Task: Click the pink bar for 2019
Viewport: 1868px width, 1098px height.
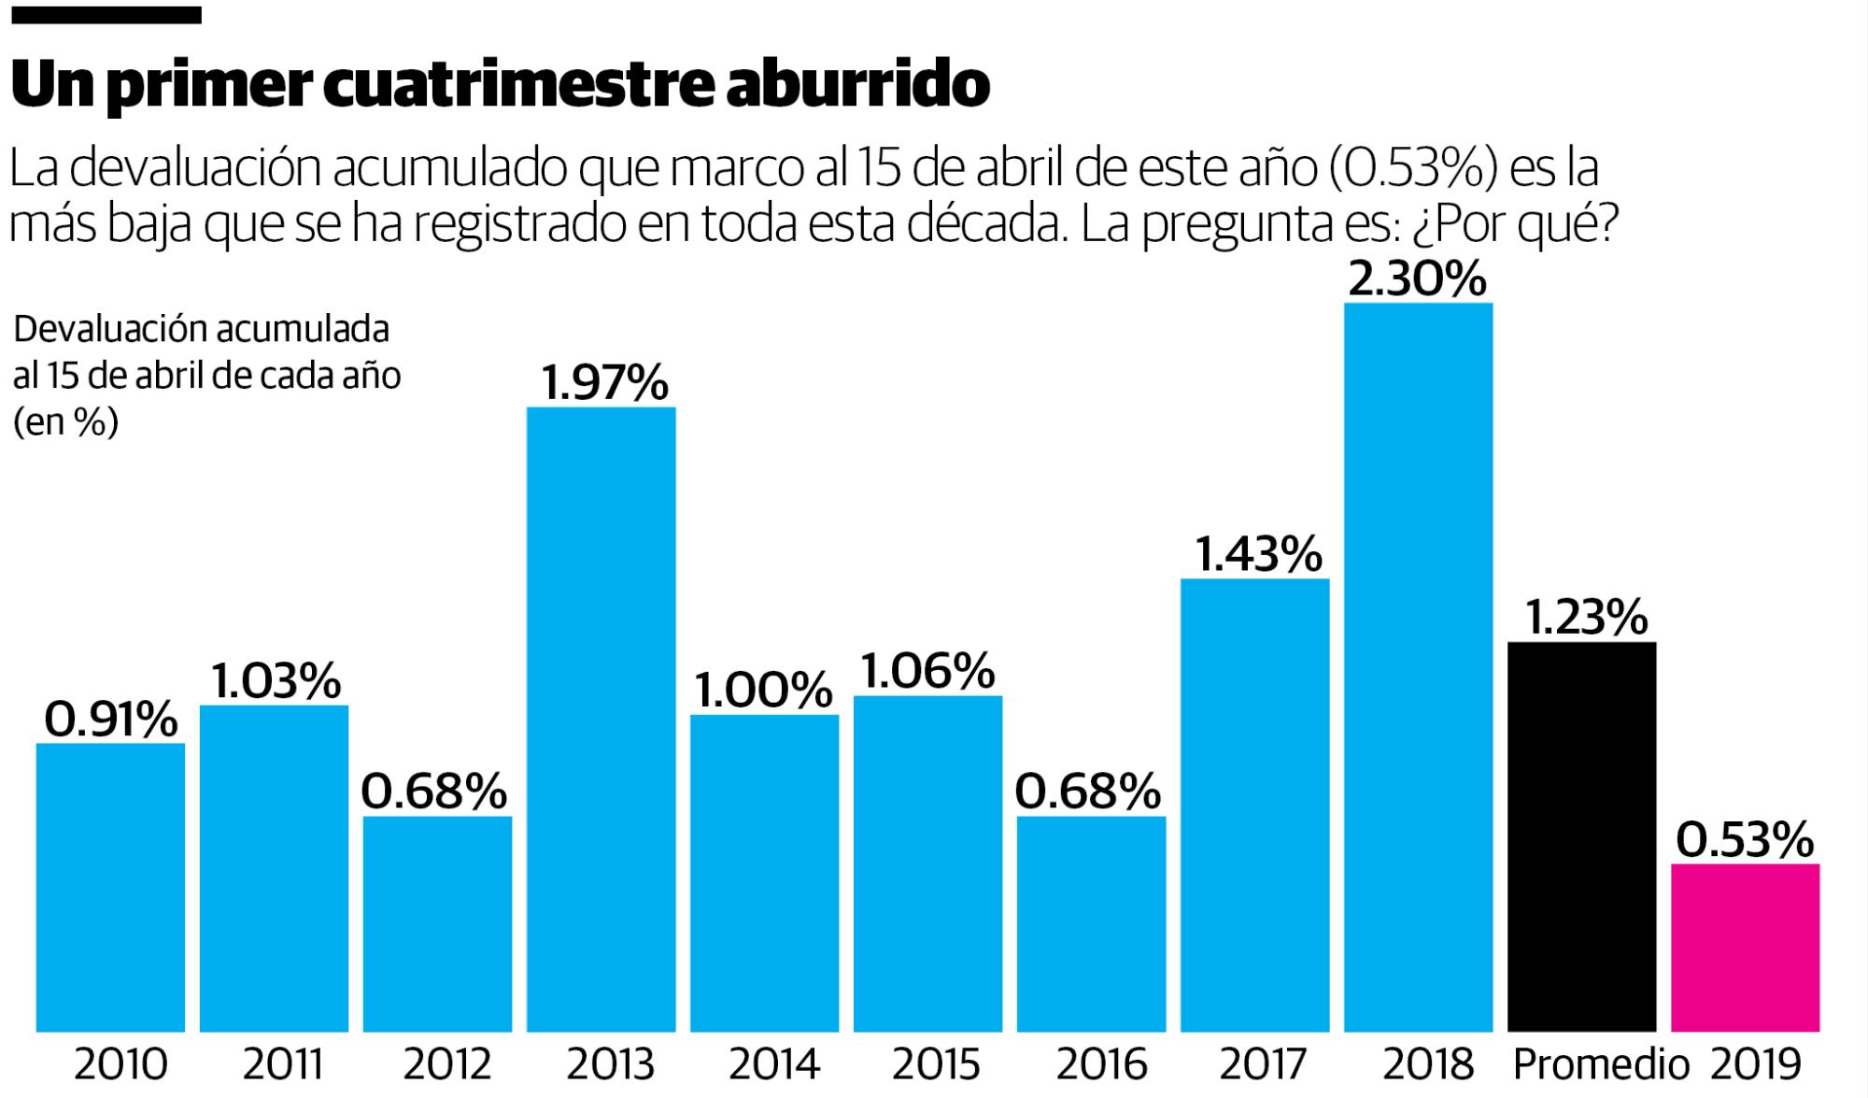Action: coord(1745,948)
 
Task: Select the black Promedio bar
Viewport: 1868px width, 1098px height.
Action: coord(1581,836)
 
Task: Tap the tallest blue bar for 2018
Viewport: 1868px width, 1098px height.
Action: coord(1418,667)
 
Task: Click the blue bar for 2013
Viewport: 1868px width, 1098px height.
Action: coord(601,720)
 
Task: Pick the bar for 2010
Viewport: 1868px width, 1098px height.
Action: coord(110,888)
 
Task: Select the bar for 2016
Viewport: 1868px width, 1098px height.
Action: coord(1091,924)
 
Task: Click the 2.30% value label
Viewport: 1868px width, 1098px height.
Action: coord(1417,278)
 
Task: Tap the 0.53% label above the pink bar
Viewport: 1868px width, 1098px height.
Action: coord(1744,839)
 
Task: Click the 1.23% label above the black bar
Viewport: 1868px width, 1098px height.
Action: coord(1585,617)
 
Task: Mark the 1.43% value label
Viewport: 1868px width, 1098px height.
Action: coord(1258,554)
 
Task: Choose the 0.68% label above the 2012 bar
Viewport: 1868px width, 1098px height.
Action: coord(434,791)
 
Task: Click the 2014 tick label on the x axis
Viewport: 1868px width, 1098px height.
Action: coord(773,1064)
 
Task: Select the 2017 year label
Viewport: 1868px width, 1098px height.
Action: coord(1263,1064)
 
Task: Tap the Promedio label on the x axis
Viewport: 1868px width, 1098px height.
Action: coord(1600,1064)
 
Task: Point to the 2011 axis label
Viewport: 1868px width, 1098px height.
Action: coord(283,1064)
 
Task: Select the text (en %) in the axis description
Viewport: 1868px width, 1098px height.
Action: coord(65,422)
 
